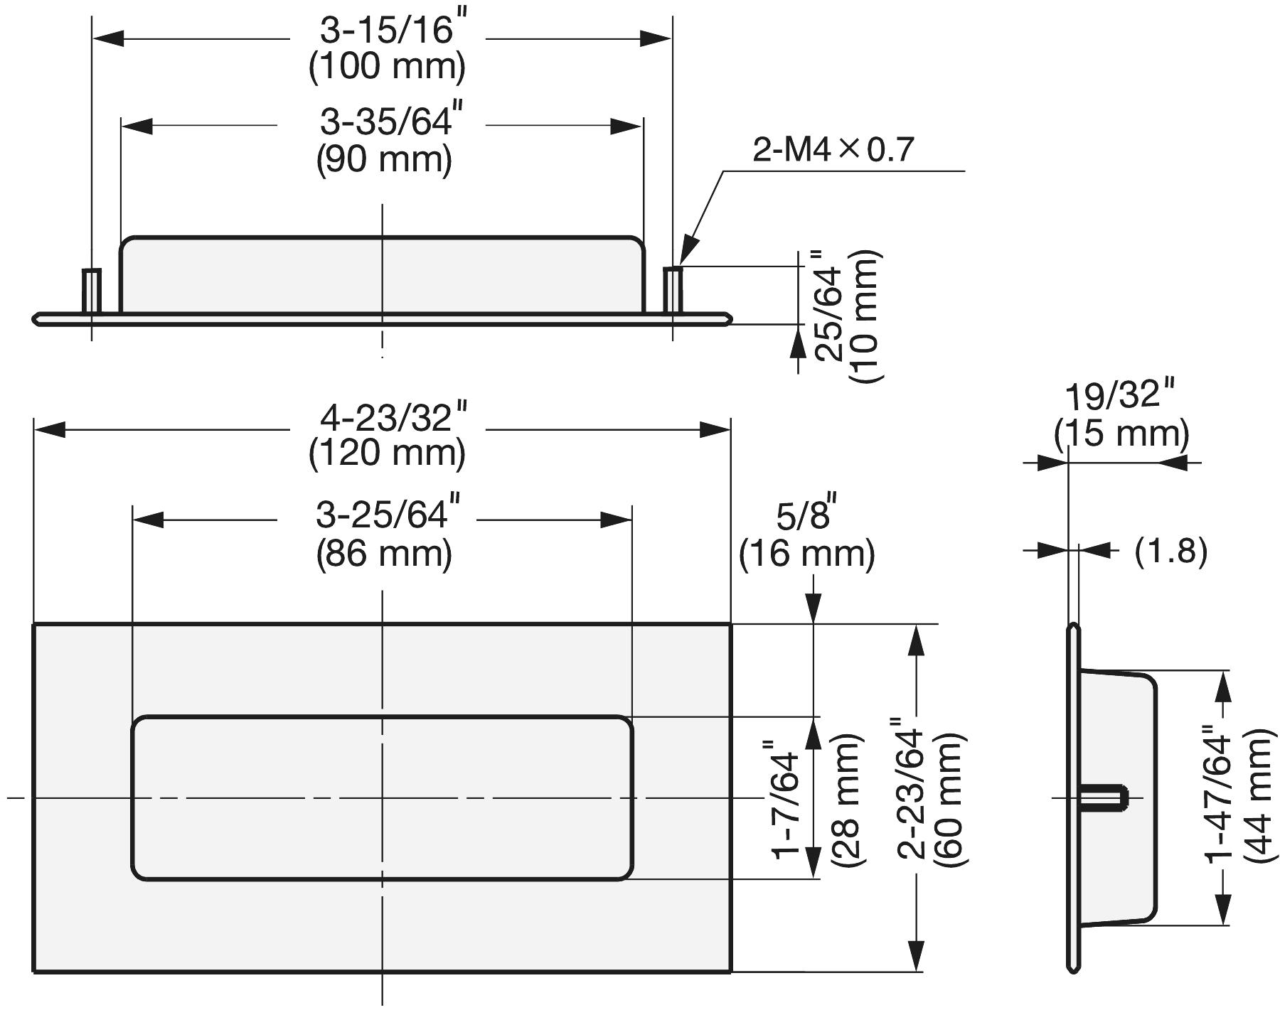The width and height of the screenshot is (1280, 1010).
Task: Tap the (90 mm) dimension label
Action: [x=384, y=159]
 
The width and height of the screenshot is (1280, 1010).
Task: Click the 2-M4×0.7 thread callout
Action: [x=833, y=150]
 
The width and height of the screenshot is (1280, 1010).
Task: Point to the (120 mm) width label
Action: [x=387, y=453]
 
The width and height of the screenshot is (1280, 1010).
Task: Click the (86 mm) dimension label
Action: [x=384, y=553]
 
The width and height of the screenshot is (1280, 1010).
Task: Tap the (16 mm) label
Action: [x=806, y=554]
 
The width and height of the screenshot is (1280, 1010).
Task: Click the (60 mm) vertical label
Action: [x=949, y=800]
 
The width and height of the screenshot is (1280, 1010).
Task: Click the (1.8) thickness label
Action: [x=1170, y=551]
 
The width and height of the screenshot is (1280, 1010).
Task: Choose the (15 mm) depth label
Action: [x=1121, y=433]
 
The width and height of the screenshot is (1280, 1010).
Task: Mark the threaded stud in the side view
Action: [x=1104, y=797]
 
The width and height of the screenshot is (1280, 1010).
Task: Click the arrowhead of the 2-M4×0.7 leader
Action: [x=686, y=257]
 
